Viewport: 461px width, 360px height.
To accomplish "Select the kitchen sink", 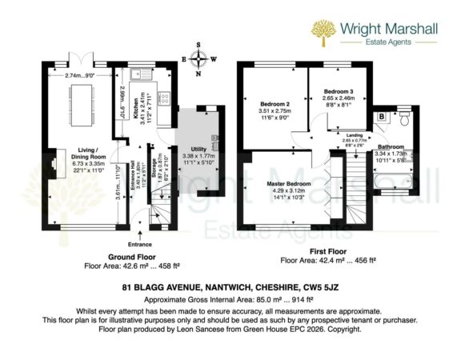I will click(138, 77).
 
